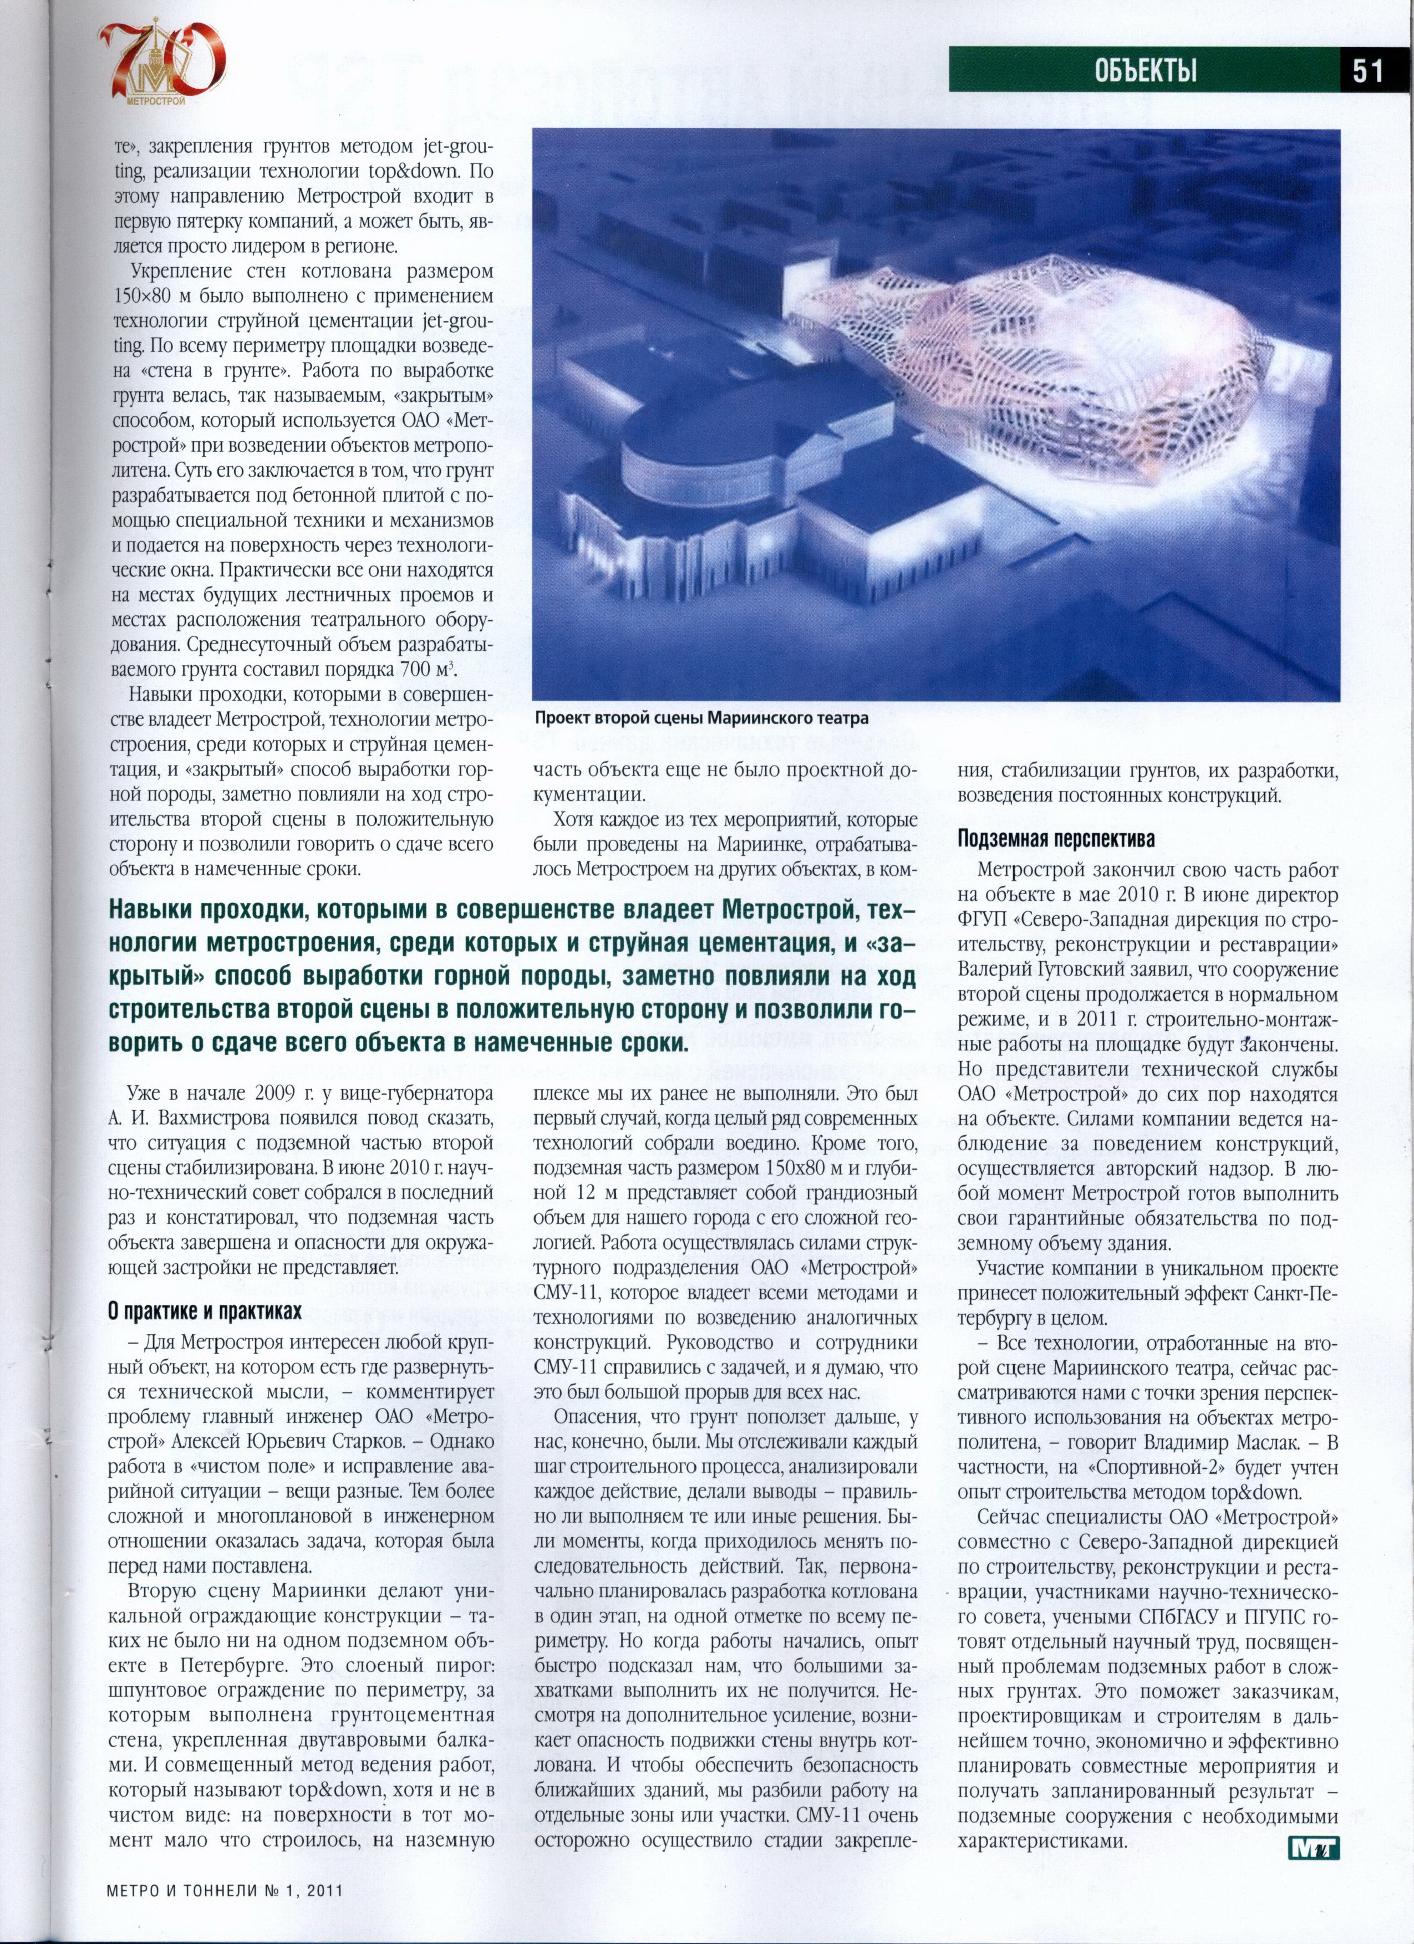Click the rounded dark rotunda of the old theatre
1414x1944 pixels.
[x=686, y=463]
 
